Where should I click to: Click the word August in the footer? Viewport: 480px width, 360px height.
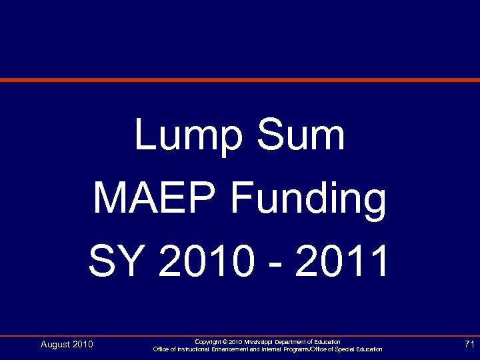point(55,345)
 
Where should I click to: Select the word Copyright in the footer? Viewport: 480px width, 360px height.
point(208,342)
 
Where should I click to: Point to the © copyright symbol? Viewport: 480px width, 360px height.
point(225,342)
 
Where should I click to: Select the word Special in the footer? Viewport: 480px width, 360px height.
point(348,349)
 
